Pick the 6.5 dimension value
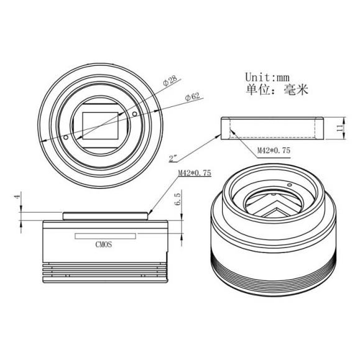pos(178,199)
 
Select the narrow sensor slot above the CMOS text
pos(106,236)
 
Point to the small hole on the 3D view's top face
pos(290,185)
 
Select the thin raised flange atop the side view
pos(106,215)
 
